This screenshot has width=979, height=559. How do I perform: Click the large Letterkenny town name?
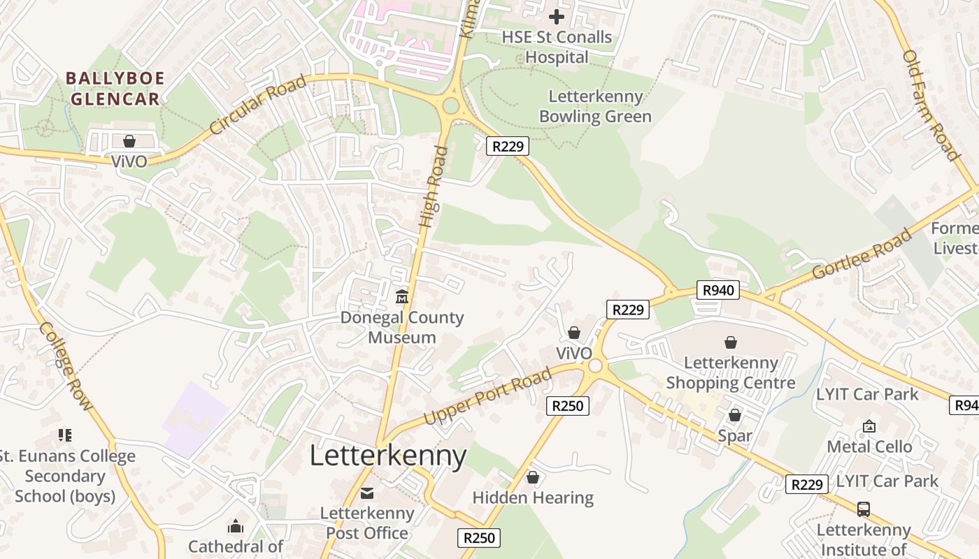pos(387,456)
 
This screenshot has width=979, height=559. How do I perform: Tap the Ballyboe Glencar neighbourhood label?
pos(115,88)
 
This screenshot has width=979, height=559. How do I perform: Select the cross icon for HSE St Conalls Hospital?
pos(557,16)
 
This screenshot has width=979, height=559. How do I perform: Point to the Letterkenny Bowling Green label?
pos(595,106)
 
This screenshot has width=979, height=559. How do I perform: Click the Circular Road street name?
pos(258,105)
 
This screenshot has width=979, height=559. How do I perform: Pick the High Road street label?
pos(433,186)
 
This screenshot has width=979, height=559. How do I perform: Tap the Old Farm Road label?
pos(930,105)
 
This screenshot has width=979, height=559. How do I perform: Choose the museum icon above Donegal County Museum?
pos(402,298)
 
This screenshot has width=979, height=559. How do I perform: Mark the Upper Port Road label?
pos(487,397)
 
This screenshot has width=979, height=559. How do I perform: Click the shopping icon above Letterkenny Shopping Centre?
pos(731,342)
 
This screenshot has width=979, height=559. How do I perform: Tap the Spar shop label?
pos(735,436)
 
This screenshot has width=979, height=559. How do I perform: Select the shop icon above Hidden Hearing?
pos(533,478)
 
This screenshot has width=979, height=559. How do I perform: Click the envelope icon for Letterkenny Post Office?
pos(367,493)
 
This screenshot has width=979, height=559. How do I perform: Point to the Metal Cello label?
pos(869,447)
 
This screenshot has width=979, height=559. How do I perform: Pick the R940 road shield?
pos(718,290)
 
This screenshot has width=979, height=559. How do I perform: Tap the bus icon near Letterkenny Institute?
pos(864,509)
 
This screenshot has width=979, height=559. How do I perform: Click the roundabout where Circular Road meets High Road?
pos(450,106)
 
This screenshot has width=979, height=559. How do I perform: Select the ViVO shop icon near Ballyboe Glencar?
pos(129,141)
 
